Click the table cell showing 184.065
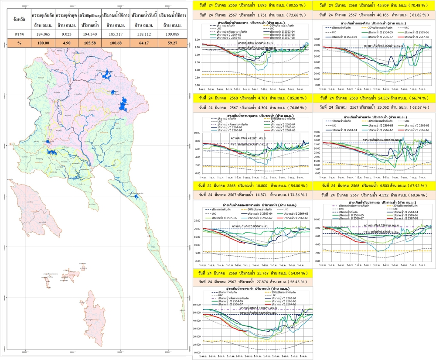point(42,34)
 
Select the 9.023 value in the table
point(67,34)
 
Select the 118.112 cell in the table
point(143,34)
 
